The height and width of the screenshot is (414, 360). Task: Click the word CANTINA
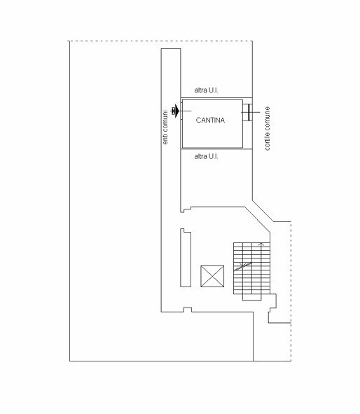(210, 120)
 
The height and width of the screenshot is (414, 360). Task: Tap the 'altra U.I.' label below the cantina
(206, 156)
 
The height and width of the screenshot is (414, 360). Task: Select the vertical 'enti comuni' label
(165, 127)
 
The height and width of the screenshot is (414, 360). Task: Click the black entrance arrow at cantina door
(174, 111)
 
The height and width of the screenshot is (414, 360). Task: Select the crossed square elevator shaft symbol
(212, 277)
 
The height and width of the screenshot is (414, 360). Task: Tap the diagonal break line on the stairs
(243, 265)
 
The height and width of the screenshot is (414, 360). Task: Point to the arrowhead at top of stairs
(261, 244)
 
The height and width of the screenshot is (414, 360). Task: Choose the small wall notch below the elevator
(186, 309)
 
